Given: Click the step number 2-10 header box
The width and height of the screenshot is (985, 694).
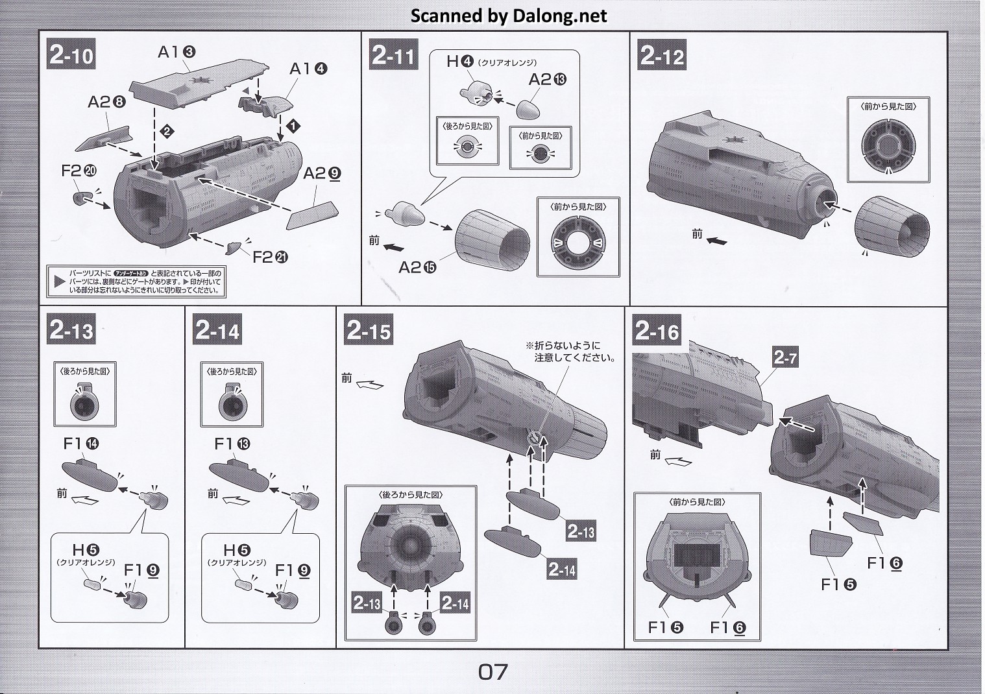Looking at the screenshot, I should (71, 55).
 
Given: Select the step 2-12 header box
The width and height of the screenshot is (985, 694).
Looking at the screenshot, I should (662, 55).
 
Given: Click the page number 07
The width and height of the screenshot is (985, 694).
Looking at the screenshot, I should (492, 672).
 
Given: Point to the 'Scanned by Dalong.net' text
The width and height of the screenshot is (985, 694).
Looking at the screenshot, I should (509, 16).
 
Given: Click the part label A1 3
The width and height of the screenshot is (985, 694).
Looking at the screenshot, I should (176, 52).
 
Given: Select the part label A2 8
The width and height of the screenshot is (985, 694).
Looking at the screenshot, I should (106, 102).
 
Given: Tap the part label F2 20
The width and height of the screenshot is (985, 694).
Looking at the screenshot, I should (79, 171).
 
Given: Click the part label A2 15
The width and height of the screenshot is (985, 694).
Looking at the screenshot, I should (417, 267).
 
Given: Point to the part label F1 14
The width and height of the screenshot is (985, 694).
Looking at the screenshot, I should (81, 444).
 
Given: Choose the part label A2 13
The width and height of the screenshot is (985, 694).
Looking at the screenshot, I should (547, 79).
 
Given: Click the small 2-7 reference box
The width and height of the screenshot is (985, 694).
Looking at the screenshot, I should (784, 357).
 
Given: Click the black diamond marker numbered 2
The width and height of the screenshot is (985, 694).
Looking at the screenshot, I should (167, 132).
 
